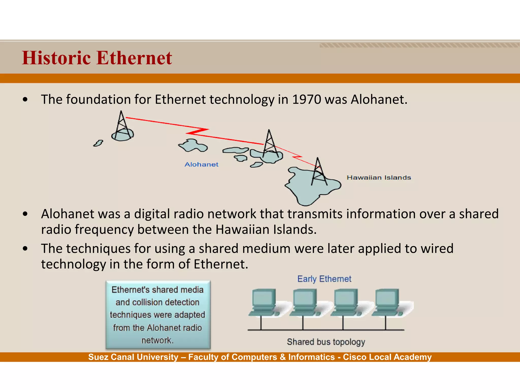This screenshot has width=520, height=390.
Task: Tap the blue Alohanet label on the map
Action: coord(201,165)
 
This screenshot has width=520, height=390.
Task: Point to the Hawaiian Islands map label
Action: coord(379,177)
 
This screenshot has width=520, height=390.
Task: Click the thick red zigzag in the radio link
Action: coord(198,132)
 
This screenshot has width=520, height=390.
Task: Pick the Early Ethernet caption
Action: coord(324,279)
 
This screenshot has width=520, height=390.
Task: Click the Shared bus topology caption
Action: coord(326,342)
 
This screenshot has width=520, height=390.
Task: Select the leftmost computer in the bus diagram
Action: coord(264,302)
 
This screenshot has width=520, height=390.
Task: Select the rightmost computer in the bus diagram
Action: coord(387,302)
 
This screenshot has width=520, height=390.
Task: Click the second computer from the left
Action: coord(304,302)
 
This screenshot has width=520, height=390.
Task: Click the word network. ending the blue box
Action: coord(157,340)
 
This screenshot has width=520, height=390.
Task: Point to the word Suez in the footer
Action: coord(98,357)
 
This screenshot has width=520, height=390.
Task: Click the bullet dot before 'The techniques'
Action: coord(25,249)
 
